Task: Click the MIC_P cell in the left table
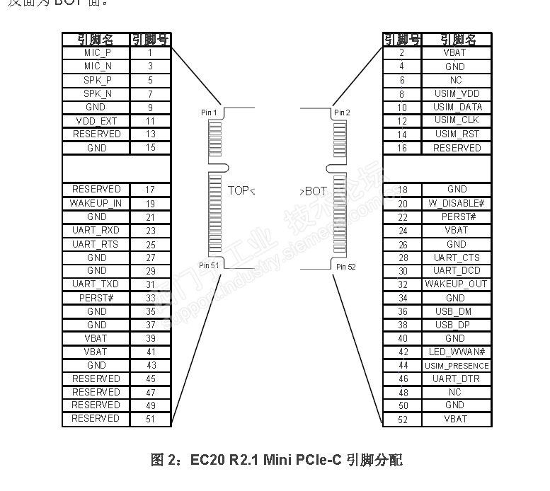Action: [x=97, y=52]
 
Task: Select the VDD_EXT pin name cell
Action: [x=97, y=121]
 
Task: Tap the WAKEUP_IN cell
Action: [x=96, y=203]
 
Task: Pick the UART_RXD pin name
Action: [x=96, y=231]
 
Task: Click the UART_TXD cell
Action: [x=96, y=284]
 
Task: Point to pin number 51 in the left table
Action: [x=151, y=419]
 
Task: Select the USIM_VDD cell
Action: [x=457, y=93]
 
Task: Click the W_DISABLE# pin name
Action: [x=457, y=203]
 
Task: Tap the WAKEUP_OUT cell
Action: [x=457, y=284]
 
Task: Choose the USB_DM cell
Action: [x=457, y=311]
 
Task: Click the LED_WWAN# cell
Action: [x=457, y=352]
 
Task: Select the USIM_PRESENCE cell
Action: [x=457, y=366]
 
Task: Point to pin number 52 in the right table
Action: [x=402, y=419]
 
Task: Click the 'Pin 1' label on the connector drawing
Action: [x=210, y=112]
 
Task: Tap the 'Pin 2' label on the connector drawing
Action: [x=342, y=112]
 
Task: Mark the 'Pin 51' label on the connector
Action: [x=210, y=265]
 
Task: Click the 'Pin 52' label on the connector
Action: [x=346, y=267]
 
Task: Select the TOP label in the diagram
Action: [x=239, y=190]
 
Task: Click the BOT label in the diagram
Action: [x=316, y=191]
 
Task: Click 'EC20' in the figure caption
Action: [x=207, y=460]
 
